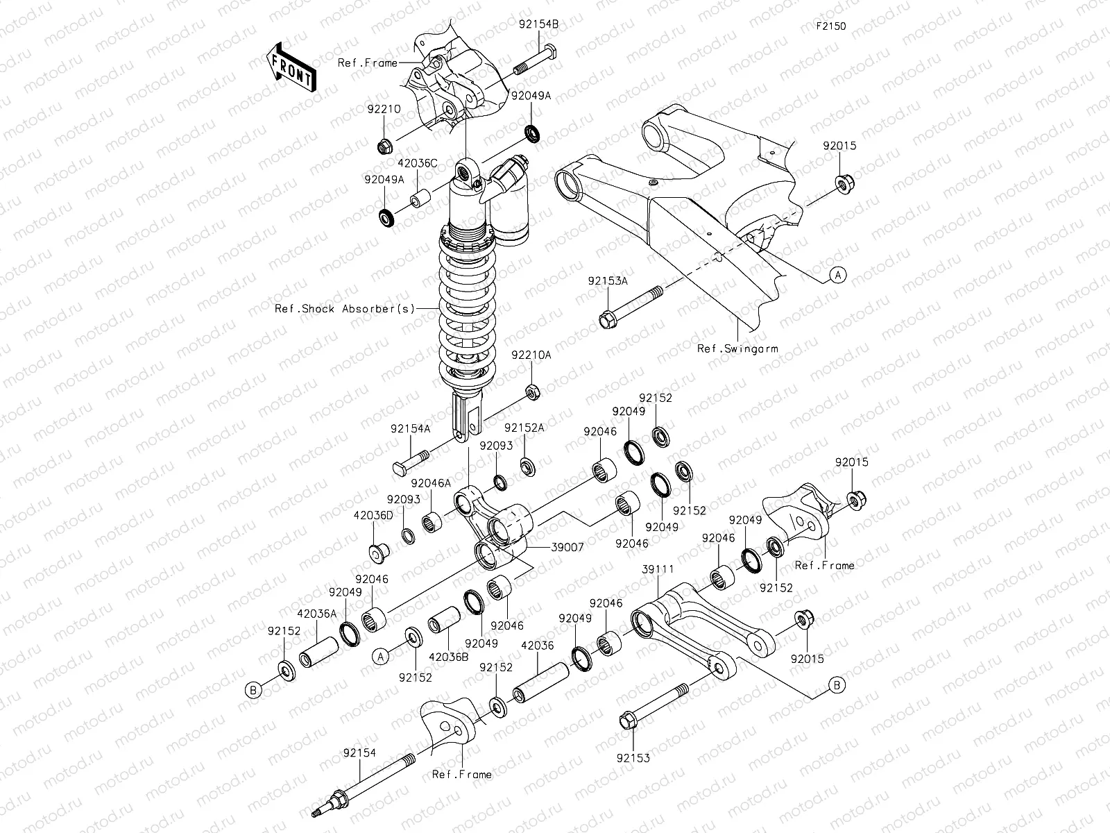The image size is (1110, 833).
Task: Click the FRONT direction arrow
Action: tap(291, 67)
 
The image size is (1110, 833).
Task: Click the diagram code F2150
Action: tap(831, 26)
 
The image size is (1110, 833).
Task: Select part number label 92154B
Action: tap(538, 24)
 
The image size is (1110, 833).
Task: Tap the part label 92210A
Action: tap(531, 355)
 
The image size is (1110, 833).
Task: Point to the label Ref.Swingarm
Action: tap(737, 348)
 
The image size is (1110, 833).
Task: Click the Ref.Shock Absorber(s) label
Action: tap(345, 308)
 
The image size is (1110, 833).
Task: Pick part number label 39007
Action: tap(567, 547)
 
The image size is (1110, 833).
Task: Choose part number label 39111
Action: tap(658, 569)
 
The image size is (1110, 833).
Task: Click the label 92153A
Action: tap(607, 280)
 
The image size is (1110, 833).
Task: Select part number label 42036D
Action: tap(373, 515)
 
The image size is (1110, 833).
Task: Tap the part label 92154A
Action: tap(410, 429)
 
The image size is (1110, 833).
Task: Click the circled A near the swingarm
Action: tap(838, 275)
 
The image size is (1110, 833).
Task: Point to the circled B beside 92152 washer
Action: tap(253, 690)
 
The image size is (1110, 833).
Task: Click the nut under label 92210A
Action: tap(533, 392)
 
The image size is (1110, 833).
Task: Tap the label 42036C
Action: tap(417, 163)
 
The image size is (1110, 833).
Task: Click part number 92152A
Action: tap(524, 428)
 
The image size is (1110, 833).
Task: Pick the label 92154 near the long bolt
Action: tap(359, 752)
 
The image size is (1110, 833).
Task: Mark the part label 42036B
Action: tap(449, 657)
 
